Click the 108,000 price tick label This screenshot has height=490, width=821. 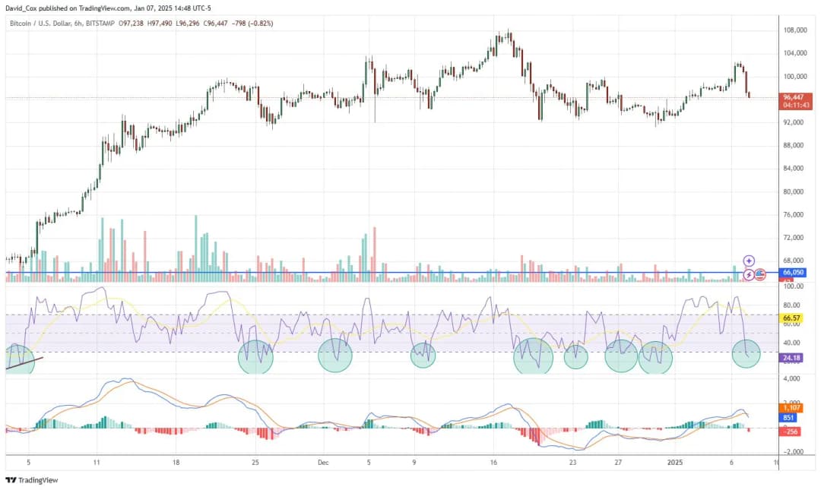point(794,30)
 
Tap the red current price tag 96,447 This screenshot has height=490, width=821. point(797,97)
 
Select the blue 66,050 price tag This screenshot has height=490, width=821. point(793,272)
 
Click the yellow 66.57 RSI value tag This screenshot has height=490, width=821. point(793,318)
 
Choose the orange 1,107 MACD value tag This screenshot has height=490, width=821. point(792,408)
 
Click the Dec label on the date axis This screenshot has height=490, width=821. point(323,462)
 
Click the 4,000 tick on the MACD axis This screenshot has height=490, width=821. point(791,378)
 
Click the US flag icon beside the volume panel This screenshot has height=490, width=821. point(759,274)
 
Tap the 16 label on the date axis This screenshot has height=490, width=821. point(494,462)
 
